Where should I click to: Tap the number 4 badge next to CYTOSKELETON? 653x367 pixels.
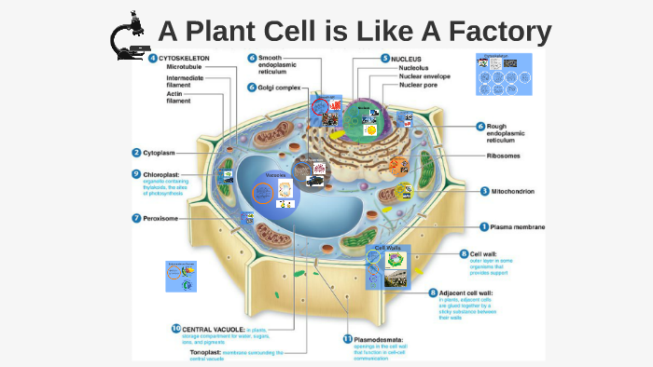coord(152,58)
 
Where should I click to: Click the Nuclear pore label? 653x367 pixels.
coord(421,85)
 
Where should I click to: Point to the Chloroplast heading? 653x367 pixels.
coord(164,173)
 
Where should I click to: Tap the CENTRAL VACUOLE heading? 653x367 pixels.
coord(214,329)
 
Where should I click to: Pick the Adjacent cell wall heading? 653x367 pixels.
coord(476,292)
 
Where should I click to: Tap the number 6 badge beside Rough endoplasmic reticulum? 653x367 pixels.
coord(480,126)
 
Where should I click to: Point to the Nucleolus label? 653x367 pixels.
coord(414,67)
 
